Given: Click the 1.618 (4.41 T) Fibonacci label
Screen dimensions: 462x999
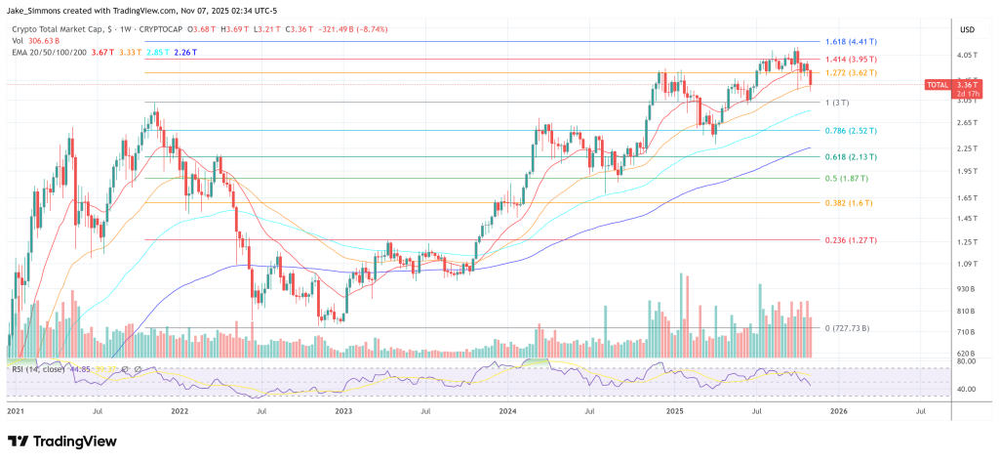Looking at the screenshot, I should tap(852, 42).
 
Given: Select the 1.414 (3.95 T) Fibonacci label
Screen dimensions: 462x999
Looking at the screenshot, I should tap(852, 61).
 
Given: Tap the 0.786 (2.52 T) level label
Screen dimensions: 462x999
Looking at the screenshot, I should tap(852, 130).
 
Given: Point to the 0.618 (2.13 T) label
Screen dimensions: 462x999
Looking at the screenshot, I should tap(852, 156).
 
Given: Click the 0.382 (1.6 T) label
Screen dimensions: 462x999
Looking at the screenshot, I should tap(847, 202).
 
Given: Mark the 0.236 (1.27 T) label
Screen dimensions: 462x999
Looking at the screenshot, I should tap(852, 240).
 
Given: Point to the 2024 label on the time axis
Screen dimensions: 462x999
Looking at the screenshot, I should tap(508, 413).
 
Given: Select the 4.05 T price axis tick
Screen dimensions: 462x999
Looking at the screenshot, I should tap(967, 56).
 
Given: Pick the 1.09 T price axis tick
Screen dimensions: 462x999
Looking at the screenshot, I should tap(967, 265).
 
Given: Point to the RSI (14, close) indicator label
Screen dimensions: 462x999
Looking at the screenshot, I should tap(36, 369).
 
